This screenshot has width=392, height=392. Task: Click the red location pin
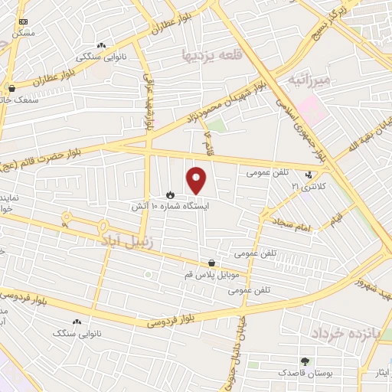tap(197, 181)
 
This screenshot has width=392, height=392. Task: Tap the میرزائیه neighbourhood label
tap(310, 80)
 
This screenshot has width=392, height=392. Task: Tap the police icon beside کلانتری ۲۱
tap(309, 175)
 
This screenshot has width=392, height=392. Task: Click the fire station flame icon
tap(169, 194)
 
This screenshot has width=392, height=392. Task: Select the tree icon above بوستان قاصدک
tap(305, 361)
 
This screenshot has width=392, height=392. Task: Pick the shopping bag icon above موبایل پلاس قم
tap(211, 263)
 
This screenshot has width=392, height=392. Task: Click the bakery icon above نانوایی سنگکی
tap(102, 46)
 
